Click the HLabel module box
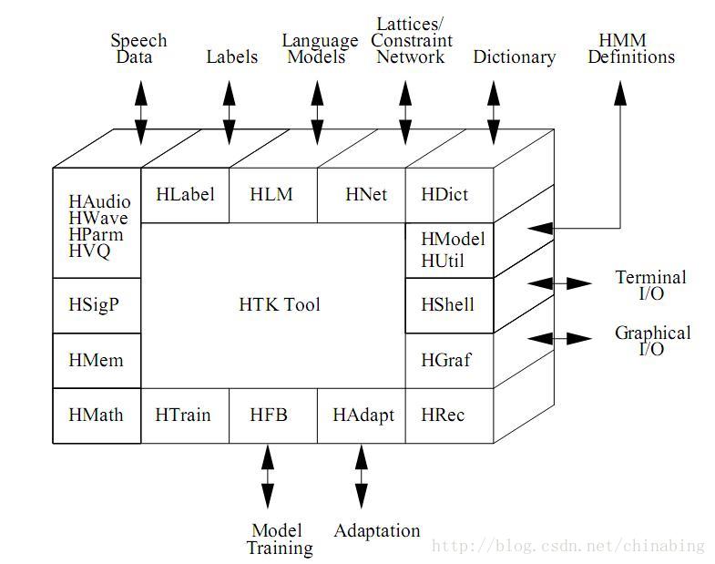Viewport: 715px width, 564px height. click(x=185, y=194)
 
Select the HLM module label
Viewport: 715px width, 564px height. click(x=271, y=194)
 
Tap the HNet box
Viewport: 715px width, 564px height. click(x=366, y=194)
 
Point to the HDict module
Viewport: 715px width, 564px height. click(x=445, y=194)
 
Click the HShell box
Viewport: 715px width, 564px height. click(x=448, y=304)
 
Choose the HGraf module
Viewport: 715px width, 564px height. click(x=446, y=360)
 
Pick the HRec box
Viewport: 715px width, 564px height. click(x=444, y=415)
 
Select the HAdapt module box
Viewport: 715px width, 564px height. click(x=363, y=415)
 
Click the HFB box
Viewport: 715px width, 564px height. click(x=269, y=415)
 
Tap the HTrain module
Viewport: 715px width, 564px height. click(x=183, y=415)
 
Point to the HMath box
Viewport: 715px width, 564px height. click(x=96, y=415)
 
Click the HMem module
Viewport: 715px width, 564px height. click(x=96, y=360)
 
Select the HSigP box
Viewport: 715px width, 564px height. click(x=94, y=304)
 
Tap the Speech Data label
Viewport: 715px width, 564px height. click(x=138, y=48)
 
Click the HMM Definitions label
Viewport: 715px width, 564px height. click(x=631, y=48)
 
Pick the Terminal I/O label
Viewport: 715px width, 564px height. click(x=650, y=285)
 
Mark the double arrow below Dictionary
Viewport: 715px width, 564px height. click(x=494, y=112)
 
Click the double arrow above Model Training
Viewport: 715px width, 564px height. click(x=267, y=476)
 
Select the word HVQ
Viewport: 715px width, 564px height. click(x=89, y=251)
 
